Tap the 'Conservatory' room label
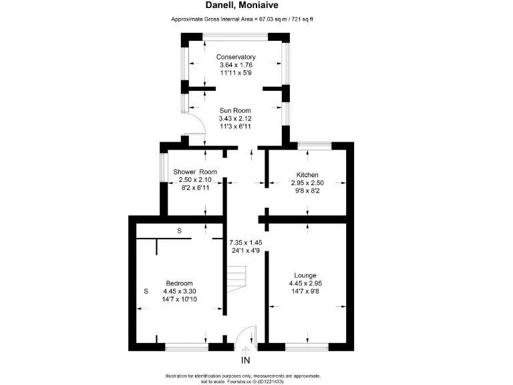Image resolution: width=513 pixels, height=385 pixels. pyautogui.click(x=236, y=57)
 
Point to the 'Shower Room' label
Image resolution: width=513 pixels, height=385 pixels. pyautogui.click(x=195, y=172)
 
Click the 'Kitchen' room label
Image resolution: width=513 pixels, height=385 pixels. pyautogui.click(x=307, y=174)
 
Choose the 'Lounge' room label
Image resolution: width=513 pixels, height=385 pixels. pyautogui.click(x=305, y=275)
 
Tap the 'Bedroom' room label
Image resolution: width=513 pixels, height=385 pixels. pyautogui.click(x=180, y=283)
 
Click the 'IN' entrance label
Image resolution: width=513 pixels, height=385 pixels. pyautogui.click(x=245, y=360)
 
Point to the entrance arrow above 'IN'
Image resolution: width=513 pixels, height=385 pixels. pyautogui.click(x=245, y=349)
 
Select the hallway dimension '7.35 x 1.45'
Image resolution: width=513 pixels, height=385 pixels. pyautogui.click(x=246, y=242)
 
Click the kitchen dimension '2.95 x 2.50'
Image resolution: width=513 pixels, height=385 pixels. pyautogui.click(x=307, y=182)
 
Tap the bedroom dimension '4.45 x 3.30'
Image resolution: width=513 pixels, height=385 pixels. pyautogui.click(x=180, y=291)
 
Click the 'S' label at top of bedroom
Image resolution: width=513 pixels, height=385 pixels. pyautogui.click(x=179, y=231)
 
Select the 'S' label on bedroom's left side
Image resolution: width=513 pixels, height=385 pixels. pyautogui.click(x=146, y=291)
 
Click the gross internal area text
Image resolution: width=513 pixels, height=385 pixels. pyautogui.click(x=242, y=19)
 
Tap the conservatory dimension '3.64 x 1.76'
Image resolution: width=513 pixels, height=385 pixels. pyautogui.click(x=236, y=65)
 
